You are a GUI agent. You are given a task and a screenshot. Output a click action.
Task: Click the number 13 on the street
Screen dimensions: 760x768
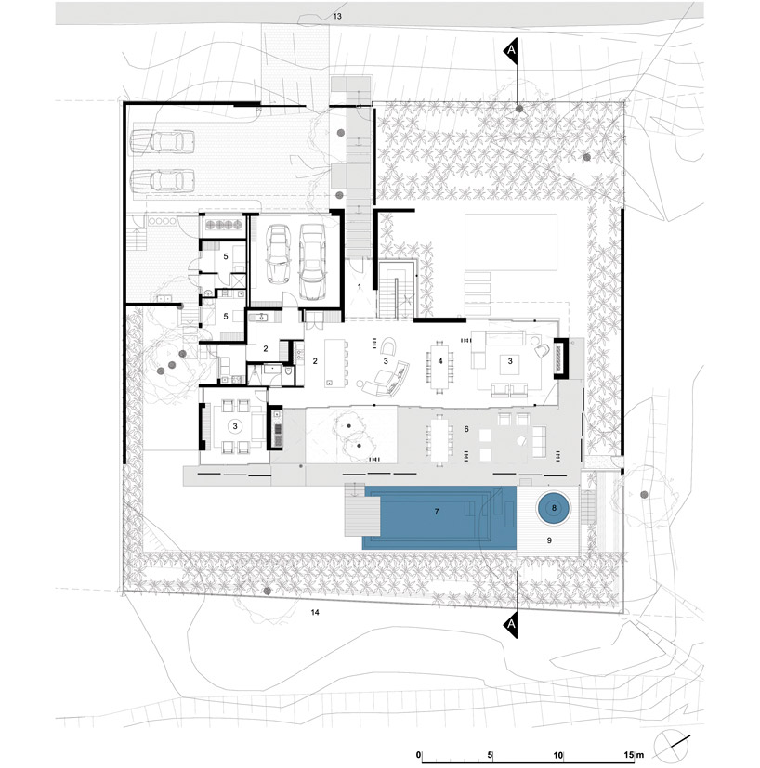point(337,17)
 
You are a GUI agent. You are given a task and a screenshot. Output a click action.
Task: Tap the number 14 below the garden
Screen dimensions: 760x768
point(315,612)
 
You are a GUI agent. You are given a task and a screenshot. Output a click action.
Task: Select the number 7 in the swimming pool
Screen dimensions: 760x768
point(436,512)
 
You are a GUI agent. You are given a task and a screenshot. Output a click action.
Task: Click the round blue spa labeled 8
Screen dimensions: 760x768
point(554,508)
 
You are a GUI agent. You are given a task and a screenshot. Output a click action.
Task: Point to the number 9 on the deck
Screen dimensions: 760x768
point(549,540)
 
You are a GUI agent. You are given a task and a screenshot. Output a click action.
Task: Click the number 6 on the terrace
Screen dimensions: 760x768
point(466,429)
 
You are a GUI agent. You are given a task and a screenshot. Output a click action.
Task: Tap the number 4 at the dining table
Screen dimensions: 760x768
point(440,361)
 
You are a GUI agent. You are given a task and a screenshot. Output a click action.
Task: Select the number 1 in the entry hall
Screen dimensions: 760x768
point(360,286)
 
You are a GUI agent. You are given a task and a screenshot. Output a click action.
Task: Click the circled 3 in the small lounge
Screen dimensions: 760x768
point(235,426)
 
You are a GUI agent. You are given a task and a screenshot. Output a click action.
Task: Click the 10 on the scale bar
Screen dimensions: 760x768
point(557,755)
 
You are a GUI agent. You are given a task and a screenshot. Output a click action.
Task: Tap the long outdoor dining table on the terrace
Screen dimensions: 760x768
point(439,440)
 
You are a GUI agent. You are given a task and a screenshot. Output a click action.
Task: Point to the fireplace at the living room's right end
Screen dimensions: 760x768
point(559,358)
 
